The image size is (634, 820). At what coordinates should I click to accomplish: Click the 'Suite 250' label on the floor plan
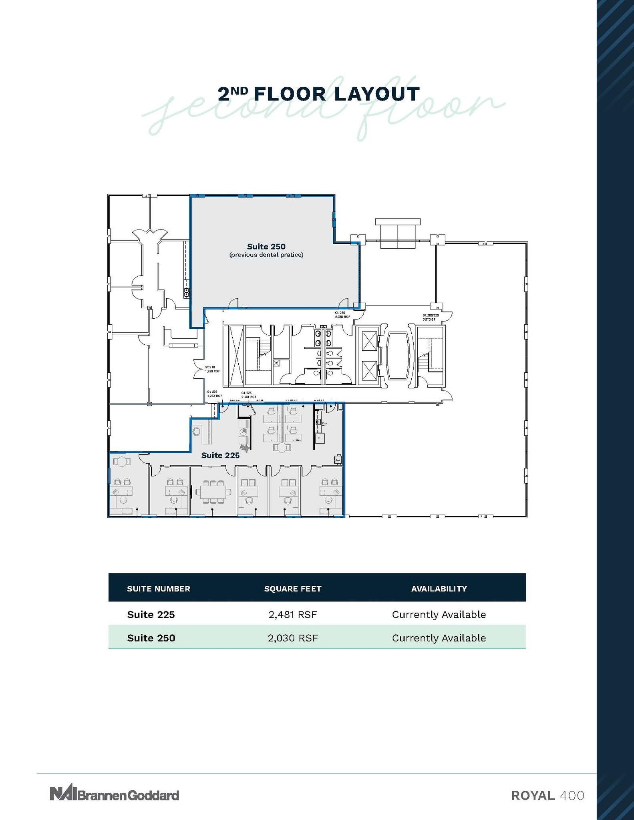pos(266,247)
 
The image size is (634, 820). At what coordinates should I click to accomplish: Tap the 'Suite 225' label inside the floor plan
pos(220,455)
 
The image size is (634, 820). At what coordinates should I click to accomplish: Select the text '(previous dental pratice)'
pos(266,255)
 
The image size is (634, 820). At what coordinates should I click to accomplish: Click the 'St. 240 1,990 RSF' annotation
pos(212,369)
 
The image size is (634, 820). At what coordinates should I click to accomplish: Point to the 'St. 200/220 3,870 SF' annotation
pos(431,318)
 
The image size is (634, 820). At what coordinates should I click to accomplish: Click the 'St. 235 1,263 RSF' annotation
pos(214,394)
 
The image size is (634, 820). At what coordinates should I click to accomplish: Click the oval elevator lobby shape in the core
pos(397,356)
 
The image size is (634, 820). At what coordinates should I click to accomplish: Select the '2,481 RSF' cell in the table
pos(293,615)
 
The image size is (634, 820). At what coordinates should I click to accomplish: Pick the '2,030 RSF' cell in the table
pos(293,638)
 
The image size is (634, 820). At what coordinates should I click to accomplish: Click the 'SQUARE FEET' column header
pos(293,589)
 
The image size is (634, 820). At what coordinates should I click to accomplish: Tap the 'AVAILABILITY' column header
pos(439,589)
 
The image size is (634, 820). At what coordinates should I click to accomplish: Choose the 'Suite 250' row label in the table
pos(151,638)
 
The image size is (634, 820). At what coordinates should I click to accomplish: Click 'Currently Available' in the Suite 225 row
pos(439,615)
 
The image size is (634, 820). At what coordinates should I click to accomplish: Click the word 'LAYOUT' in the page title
pos(376,94)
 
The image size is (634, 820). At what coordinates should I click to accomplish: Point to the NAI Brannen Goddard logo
pos(114,794)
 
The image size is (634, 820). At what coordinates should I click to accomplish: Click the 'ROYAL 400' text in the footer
pos(547,795)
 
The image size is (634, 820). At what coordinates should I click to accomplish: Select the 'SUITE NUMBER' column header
pos(159,589)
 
